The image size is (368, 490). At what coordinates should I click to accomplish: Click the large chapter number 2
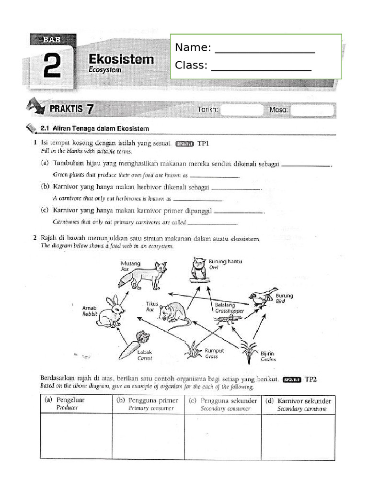52,67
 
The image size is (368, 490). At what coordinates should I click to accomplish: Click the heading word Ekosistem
121,59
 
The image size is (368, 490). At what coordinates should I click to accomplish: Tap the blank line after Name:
264,49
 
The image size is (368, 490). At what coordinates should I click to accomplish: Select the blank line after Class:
261,67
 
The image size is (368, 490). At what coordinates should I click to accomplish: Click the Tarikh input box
242,110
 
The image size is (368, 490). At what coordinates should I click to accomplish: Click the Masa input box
312,110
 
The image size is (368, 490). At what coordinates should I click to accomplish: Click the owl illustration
198,269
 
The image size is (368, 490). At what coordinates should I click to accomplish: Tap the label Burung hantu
225,261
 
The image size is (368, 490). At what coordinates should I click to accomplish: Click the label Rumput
214,351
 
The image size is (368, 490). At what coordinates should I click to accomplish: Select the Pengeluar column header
76,403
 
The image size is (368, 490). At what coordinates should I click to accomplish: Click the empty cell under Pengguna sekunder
222,435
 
